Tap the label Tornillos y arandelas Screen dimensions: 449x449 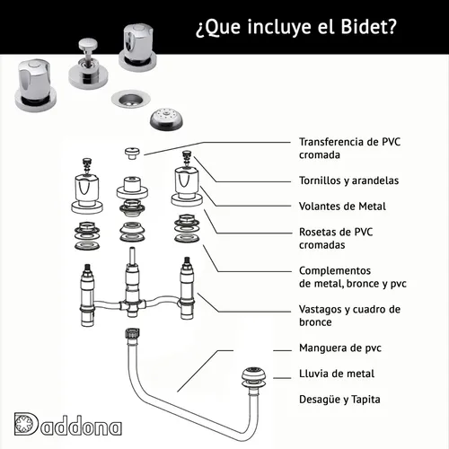(x=348, y=180)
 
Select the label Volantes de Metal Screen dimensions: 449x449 (x=342, y=207)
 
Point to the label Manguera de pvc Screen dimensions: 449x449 (x=340, y=348)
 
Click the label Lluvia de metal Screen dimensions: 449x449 (x=337, y=374)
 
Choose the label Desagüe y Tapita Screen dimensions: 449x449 (x=339, y=400)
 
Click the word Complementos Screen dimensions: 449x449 (x=335, y=270)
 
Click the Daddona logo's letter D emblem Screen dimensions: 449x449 (x=26, y=424)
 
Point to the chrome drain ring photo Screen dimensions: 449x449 (x=131, y=99)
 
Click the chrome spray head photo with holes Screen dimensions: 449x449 (x=166, y=119)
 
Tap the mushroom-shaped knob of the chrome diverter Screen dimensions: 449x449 (x=88, y=44)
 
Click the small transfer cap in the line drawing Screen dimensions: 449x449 (x=132, y=153)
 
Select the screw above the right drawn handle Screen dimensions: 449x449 (x=187, y=158)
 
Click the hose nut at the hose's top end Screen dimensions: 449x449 (x=132, y=333)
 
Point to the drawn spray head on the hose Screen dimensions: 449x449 (x=254, y=376)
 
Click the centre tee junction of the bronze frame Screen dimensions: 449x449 (x=132, y=306)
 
